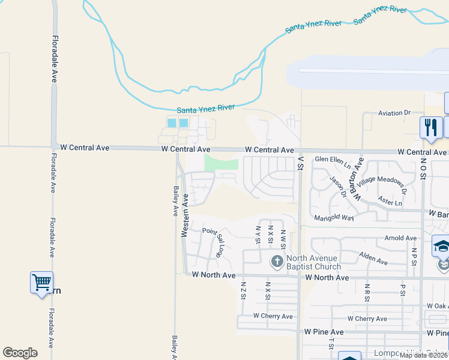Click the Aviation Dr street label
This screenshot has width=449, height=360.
coord(394,113)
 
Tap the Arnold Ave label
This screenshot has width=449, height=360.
coord(400,238)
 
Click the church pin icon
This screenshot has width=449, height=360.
coord(277,261)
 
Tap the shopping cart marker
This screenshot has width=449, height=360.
coord(41,281)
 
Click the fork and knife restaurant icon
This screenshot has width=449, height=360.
coord(430,127)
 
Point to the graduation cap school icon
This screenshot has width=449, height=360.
coord(441,246)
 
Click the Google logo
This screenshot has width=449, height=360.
coord(20,353)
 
